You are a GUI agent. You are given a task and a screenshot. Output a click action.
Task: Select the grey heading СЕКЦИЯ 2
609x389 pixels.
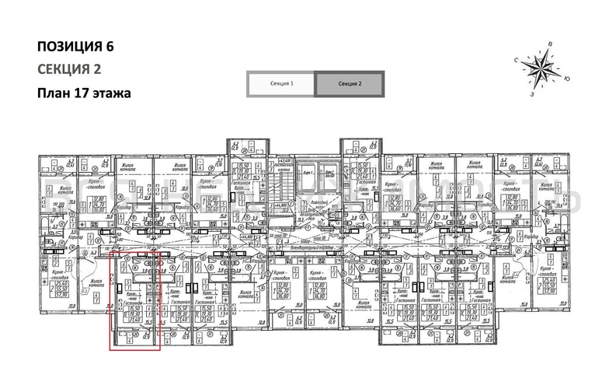pyautogui.click(x=70, y=69)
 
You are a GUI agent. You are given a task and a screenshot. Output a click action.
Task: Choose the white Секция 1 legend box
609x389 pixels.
pyautogui.click(x=281, y=83)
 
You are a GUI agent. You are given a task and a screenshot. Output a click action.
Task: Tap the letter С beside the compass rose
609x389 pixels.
pyautogui.click(x=516, y=60)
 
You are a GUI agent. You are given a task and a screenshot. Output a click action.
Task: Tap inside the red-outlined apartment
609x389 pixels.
pyautogui.click(x=134, y=300)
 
